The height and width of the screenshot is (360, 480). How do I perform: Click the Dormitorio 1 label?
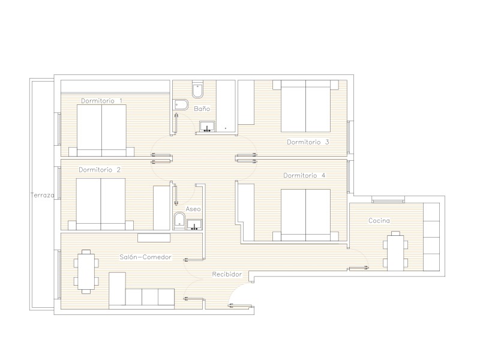pyautogui.click(x=101, y=101)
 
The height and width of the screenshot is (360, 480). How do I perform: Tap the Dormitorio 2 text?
pyautogui.click(x=100, y=170)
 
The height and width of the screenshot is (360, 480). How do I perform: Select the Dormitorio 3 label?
pyautogui.click(x=308, y=142)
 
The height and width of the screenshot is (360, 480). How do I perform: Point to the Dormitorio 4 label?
pyautogui.click(x=304, y=175)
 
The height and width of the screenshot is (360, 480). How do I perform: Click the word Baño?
pyautogui.click(x=202, y=109)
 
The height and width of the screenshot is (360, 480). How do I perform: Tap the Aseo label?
pyautogui.click(x=193, y=209)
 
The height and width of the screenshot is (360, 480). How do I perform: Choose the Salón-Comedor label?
pyautogui.click(x=145, y=257)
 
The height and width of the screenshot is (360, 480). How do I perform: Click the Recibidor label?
pyautogui.click(x=227, y=274)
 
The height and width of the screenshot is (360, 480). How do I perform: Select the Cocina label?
pyautogui.click(x=379, y=220)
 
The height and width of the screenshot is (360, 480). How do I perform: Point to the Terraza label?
pyautogui.click(x=42, y=195)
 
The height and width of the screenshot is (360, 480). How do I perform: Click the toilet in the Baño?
pyautogui.click(x=198, y=89)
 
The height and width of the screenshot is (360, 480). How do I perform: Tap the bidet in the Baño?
pyautogui.click(x=181, y=104)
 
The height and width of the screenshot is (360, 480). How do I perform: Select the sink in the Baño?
pyautogui.click(x=207, y=127)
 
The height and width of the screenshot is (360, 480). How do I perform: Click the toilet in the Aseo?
pyautogui.click(x=179, y=221)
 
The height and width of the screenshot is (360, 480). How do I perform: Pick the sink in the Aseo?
pyautogui.click(x=194, y=224)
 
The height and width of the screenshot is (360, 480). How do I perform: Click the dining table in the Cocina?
pyautogui.click(x=395, y=253)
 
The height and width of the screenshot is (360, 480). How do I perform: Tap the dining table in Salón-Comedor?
pyautogui.click(x=86, y=272)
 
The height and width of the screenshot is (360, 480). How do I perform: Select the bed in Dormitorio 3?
pyautogui.click(x=306, y=106)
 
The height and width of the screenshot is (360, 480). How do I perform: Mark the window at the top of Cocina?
pyautogui.click(x=388, y=200)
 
